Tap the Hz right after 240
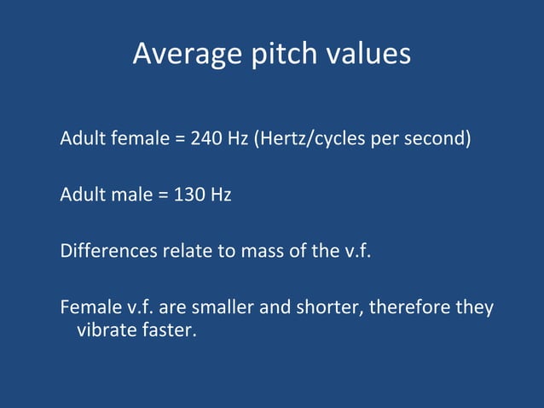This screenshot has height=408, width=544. coord(238,138)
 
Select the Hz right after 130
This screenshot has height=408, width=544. coord(221,195)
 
